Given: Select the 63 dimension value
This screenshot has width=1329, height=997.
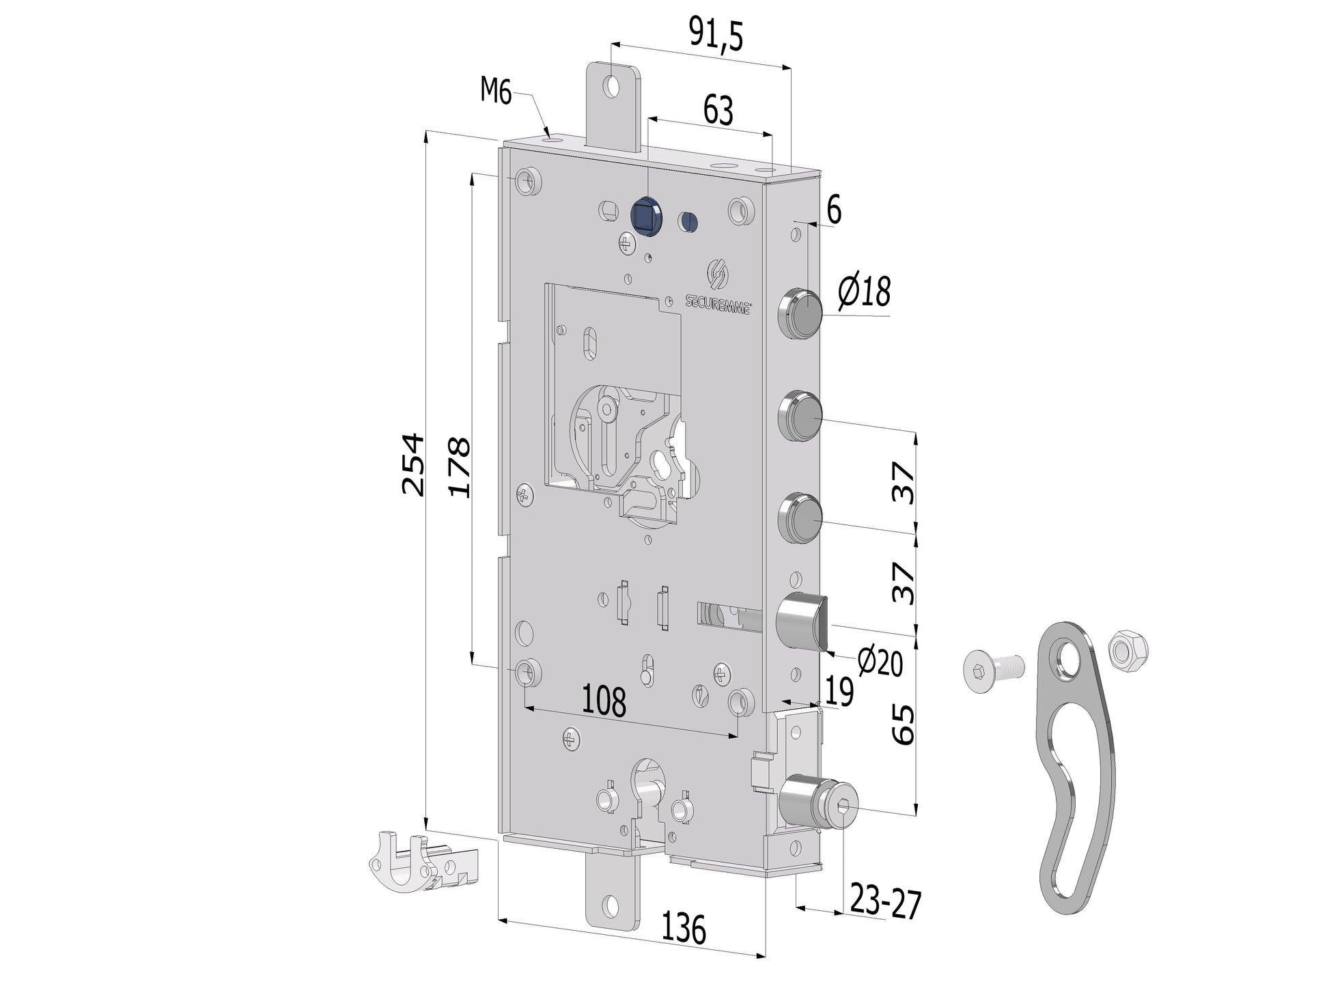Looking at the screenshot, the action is [718, 110].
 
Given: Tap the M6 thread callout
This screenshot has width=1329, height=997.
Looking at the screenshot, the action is [496, 90].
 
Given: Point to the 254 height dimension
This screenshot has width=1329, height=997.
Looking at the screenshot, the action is [414, 464].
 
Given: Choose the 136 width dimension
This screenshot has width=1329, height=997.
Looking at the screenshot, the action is [684, 929].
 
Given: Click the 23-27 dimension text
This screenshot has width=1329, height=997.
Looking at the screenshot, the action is [886, 901].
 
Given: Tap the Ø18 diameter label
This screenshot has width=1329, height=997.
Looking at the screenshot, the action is [865, 291].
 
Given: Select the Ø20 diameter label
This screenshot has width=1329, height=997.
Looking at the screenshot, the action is [880, 661].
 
